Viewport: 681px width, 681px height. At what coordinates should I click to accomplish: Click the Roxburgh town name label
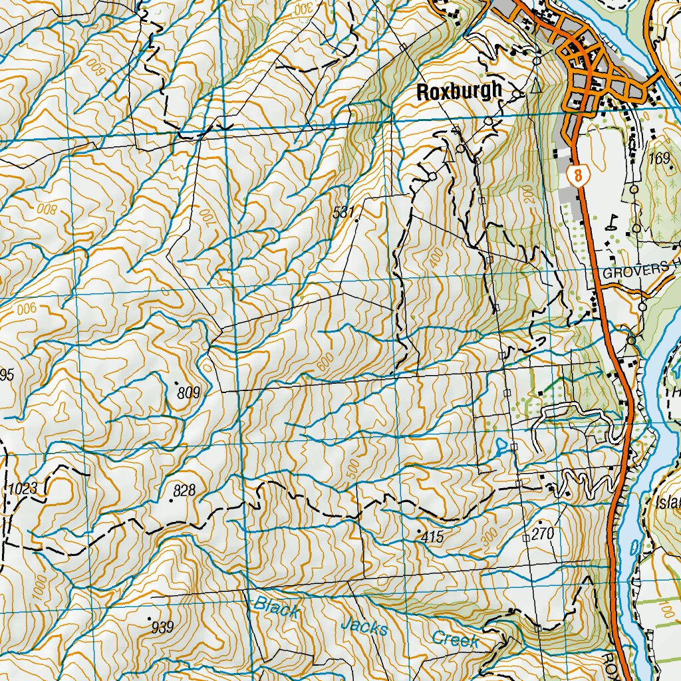click(x=458, y=92)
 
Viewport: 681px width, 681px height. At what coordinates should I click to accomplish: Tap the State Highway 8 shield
click(x=579, y=176)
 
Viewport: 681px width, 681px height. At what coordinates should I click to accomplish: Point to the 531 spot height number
click(x=342, y=213)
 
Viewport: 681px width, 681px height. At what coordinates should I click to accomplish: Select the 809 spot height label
click(x=189, y=393)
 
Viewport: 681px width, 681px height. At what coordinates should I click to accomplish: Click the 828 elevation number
click(x=184, y=491)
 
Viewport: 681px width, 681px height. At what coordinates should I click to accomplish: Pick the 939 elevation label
click(x=162, y=626)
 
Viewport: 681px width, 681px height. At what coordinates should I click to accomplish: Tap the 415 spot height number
click(x=432, y=537)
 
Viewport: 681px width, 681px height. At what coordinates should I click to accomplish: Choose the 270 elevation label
click(x=543, y=534)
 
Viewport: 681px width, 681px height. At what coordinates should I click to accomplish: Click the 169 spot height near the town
click(x=660, y=158)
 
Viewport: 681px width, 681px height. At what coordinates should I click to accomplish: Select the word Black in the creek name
click(x=277, y=608)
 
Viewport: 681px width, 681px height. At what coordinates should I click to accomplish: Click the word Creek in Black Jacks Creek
click(x=456, y=640)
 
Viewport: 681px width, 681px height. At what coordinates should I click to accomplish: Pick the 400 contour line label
click(x=436, y=258)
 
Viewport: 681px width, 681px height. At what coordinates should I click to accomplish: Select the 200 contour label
click(x=528, y=194)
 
